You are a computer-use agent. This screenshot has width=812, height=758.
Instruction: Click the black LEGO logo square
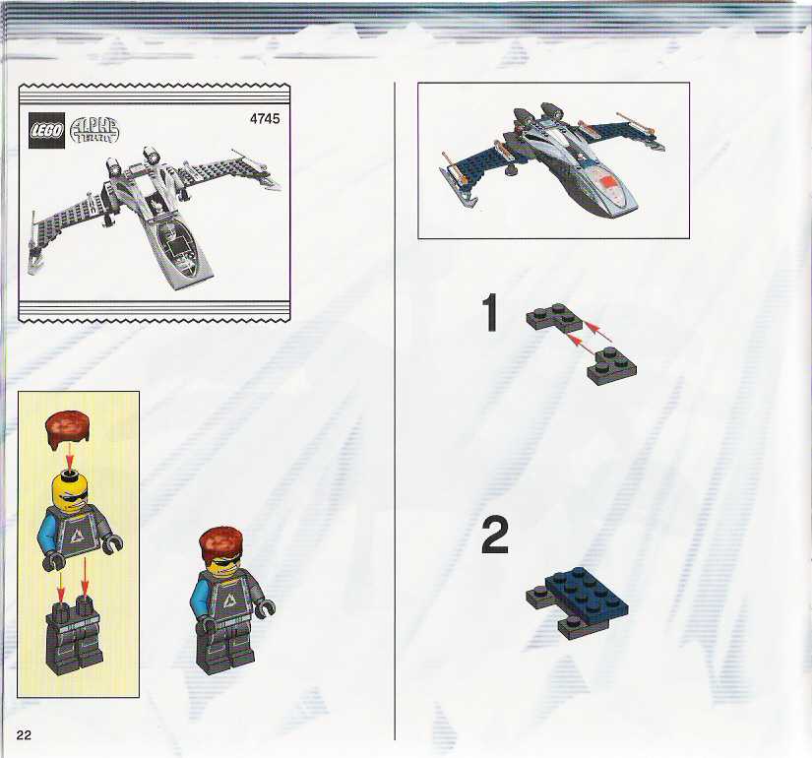click(46, 130)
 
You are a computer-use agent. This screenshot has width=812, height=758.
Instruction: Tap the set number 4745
click(265, 119)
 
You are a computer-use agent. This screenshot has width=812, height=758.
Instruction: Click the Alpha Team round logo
click(94, 131)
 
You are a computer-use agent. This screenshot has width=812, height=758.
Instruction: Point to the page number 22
click(24, 734)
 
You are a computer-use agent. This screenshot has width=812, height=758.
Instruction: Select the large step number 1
click(489, 312)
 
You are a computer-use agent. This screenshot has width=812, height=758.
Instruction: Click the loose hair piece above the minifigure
click(67, 428)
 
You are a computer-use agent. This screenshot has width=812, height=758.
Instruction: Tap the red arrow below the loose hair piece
click(71, 455)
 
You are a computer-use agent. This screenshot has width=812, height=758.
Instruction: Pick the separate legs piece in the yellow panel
click(73, 635)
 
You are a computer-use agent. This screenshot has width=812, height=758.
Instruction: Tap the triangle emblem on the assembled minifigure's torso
click(228, 600)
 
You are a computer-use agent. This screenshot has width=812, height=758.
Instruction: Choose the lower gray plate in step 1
click(611, 366)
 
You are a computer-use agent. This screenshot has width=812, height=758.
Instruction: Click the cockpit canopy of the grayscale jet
click(177, 246)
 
